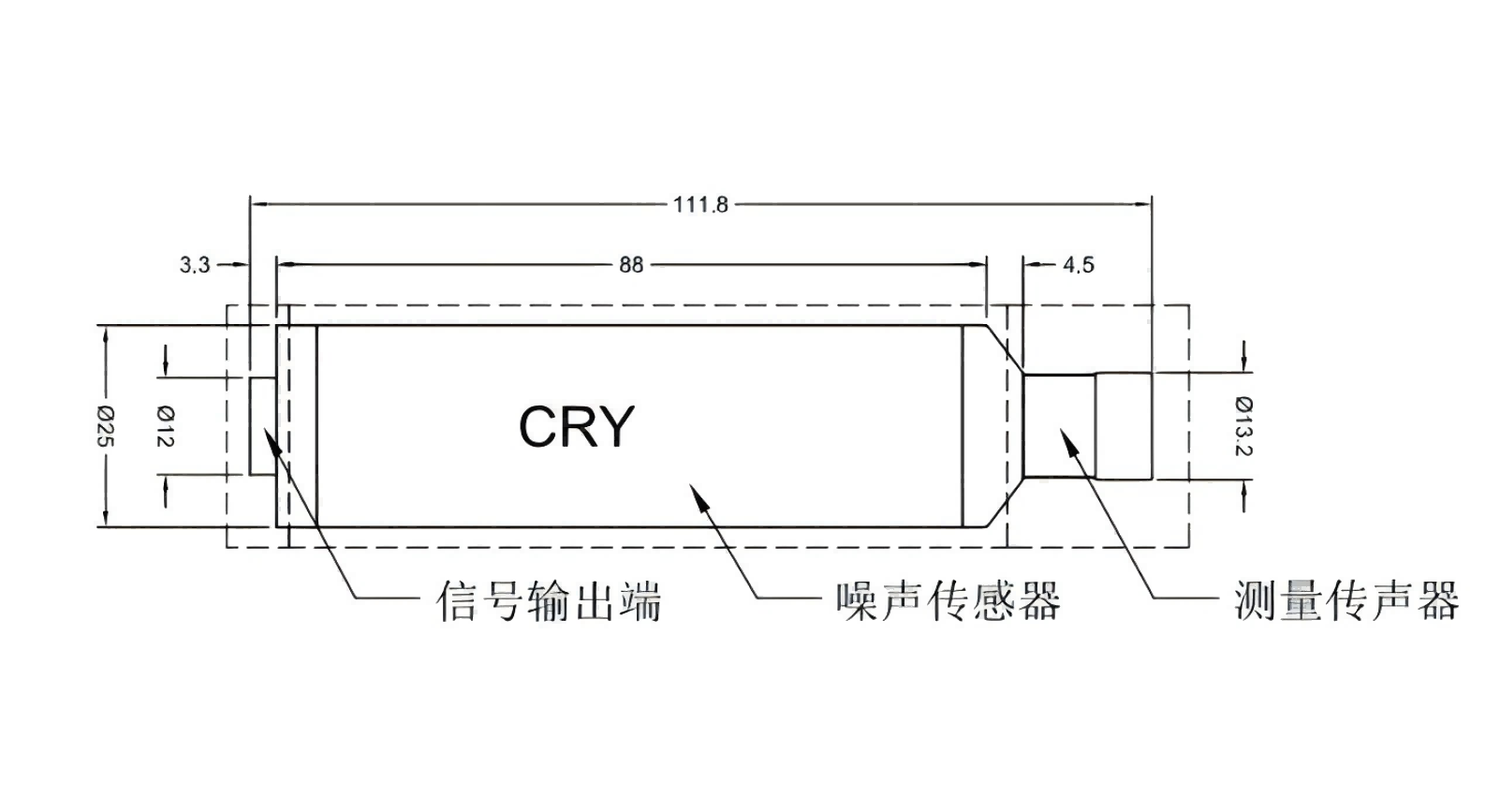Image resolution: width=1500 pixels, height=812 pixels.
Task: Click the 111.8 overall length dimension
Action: (x=700, y=204)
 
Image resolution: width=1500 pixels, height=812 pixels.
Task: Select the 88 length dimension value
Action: (x=631, y=265)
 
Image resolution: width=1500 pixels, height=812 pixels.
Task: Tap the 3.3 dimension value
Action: (x=195, y=265)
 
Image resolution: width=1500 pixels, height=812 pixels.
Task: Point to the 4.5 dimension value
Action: (x=1078, y=265)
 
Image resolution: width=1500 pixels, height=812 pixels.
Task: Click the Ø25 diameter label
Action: (x=105, y=426)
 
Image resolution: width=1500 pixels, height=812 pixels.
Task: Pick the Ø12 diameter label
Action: (x=166, y=426)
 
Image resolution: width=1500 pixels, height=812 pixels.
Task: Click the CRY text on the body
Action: (x=576, y=427)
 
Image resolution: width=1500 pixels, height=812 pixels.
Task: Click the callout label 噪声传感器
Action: (x=949, y=600)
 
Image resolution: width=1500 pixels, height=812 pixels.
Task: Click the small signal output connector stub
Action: (x=262, y=426)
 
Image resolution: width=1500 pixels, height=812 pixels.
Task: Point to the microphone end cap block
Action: (x=1124, y=426)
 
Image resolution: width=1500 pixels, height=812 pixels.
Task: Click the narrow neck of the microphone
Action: (x=1058, y=426)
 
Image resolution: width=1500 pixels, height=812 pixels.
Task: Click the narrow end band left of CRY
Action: (x=296, y=426)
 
